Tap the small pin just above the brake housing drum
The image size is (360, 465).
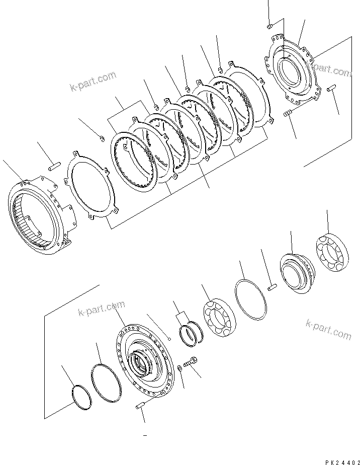[x=55, y=164]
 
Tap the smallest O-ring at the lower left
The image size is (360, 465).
[x=80, y=396]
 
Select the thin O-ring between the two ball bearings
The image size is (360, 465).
[x=250, y=299]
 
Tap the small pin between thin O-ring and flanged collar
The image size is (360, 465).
[x=272, y=287]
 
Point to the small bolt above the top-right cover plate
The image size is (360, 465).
[x=269, y=25]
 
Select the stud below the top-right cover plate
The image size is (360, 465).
[x=288, y=115]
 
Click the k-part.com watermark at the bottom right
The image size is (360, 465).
[x=328, y=329]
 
